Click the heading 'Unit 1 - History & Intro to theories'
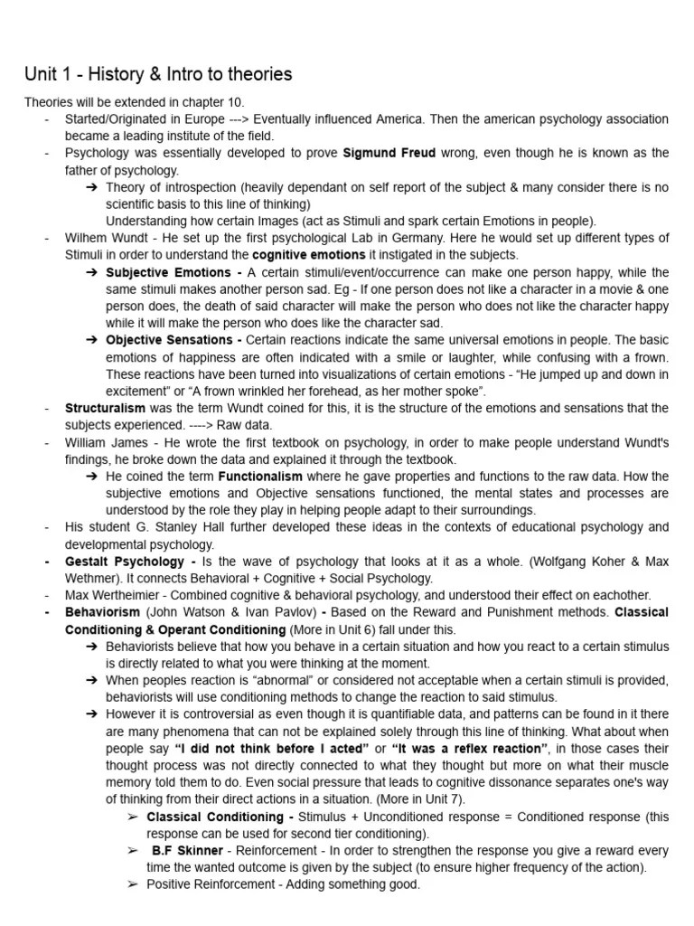coord(158,73)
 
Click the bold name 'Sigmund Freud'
coord(388,153)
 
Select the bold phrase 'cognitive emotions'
coord(309,255)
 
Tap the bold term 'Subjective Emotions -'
coord(173,272)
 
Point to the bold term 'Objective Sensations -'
coord(173,340)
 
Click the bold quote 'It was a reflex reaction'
coord(470,748)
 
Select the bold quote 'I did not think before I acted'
coord(270,748)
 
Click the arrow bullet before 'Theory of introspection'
coord(92,187)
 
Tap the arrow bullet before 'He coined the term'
coord(92,476)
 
